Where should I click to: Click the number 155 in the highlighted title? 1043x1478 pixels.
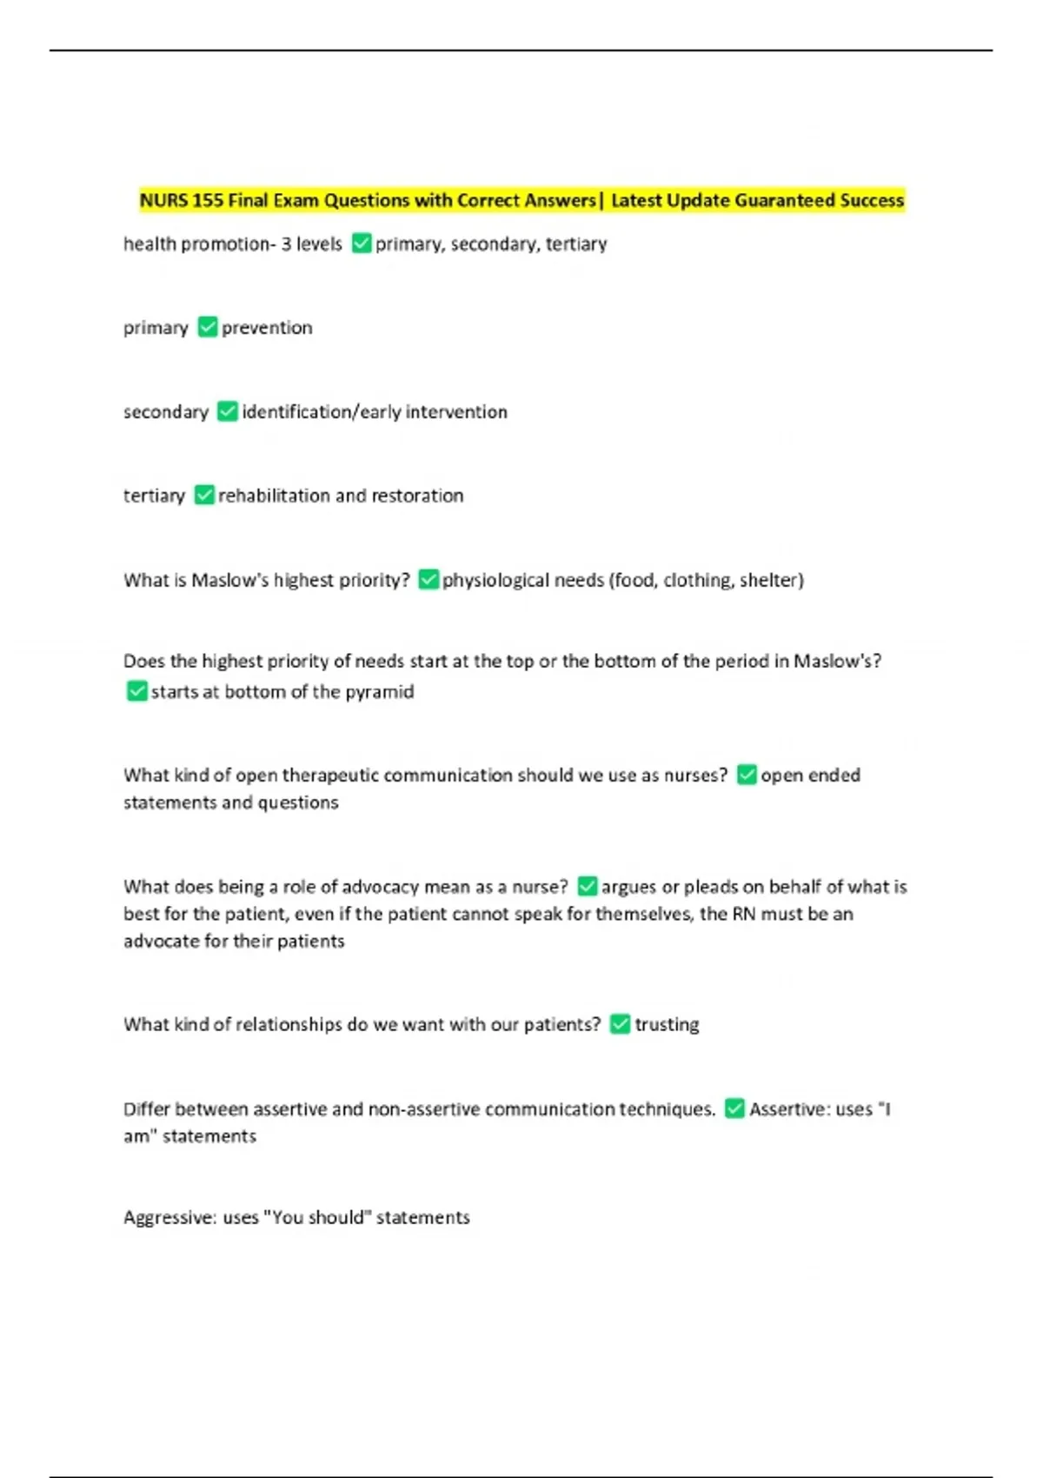208,201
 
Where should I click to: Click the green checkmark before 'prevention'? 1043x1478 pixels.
207,327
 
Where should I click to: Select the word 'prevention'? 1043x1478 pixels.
267,328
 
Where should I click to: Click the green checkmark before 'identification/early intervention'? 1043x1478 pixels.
227,411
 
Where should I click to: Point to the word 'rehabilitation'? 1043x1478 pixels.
274,496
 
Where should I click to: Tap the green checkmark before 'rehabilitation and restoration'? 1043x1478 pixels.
203,495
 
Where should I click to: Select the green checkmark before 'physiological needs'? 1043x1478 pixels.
428,579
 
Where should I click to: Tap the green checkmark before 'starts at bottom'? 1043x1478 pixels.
136,691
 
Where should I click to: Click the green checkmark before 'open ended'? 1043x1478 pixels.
747,775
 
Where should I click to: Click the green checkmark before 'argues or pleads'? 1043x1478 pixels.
587,886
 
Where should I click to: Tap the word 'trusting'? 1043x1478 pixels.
667,1025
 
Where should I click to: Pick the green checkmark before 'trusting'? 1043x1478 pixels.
620,1024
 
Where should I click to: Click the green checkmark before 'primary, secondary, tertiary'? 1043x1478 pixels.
362,243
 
